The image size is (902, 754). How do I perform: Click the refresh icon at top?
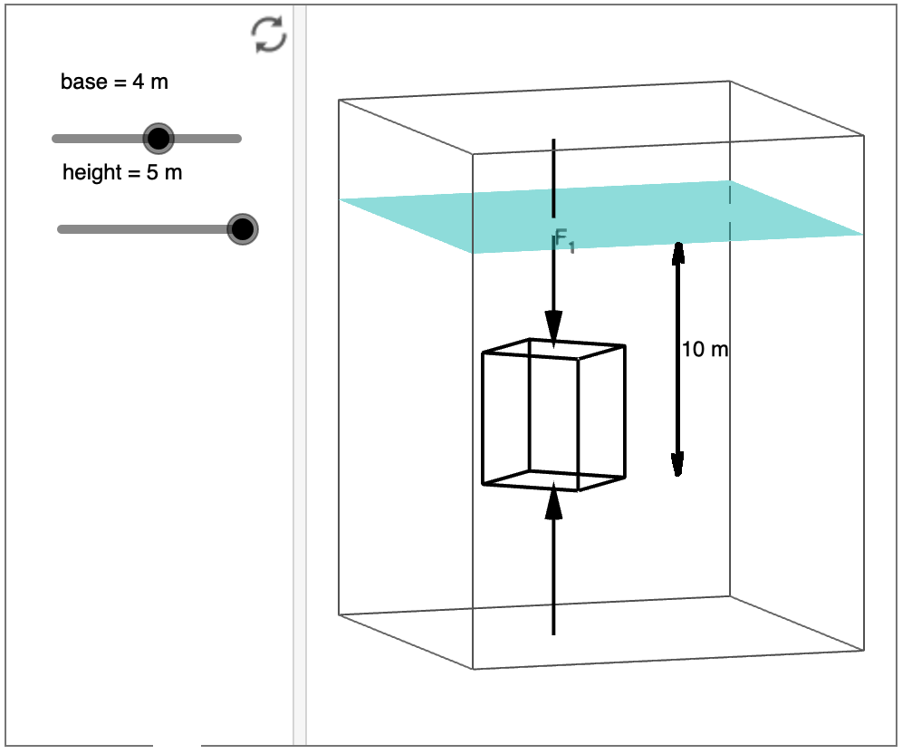pos(269,34)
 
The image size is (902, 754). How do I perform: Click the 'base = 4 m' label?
pos(114,82)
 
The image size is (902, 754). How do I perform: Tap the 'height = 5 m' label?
pos(122,172)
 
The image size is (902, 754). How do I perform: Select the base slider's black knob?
pos(158,139)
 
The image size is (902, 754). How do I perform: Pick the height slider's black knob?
pos(242,229)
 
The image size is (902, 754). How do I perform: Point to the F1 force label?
pos(564,241)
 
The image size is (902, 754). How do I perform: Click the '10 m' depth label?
pos(705,349)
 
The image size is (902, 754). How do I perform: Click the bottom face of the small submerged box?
pos(553,480)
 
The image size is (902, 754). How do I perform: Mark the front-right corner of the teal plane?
pos(863,235)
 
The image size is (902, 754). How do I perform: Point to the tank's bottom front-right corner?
pos(863,650)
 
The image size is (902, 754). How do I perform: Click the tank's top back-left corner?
pos(340,100)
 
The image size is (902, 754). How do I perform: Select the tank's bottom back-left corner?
pos(340,614)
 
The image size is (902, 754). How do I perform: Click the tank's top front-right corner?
pos(863,136)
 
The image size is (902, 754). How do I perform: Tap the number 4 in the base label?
pos(138,82)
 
